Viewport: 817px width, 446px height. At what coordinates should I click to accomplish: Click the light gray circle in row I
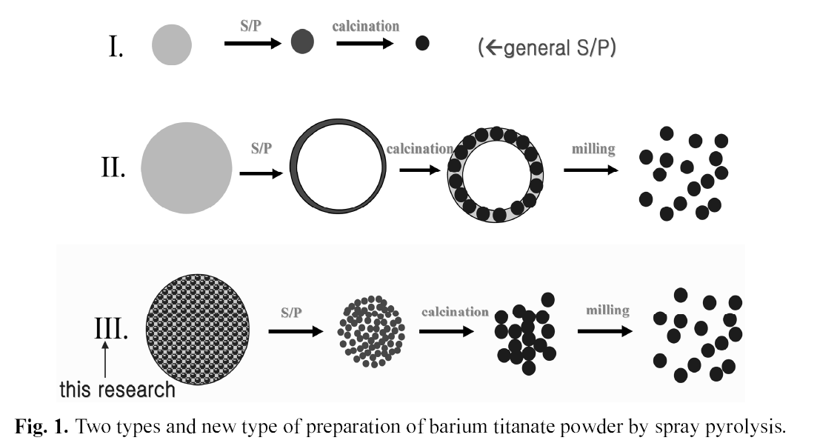coord(172,44)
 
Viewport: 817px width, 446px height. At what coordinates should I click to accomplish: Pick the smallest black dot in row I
coord(422,43)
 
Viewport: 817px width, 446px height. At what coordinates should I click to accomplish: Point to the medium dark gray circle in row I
coord(302,42)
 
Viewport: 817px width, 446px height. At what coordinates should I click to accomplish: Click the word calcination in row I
coord(365,26)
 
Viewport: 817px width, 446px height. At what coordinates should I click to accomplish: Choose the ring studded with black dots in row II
coord(495,174)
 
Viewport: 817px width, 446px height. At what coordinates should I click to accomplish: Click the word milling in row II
coord(593,149)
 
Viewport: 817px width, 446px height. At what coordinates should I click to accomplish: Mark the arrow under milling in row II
coord(591,170)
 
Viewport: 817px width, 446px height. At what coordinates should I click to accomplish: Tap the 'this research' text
coord(117,390)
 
